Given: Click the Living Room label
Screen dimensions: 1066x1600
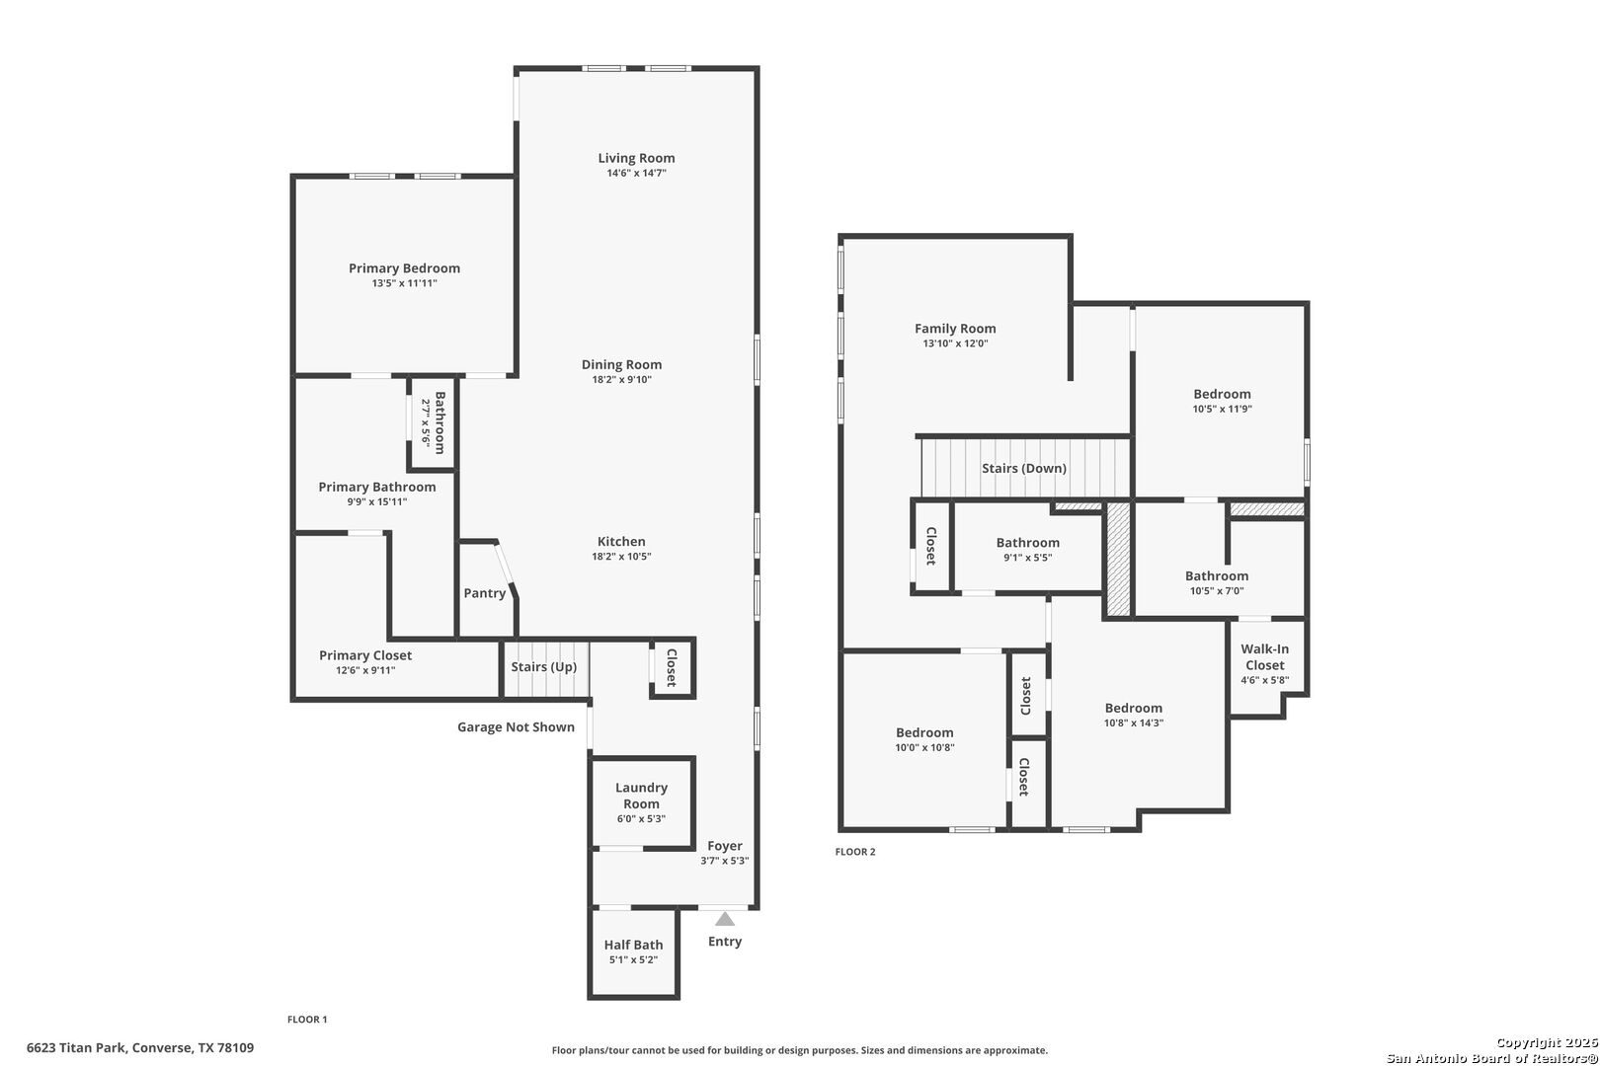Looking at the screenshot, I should [x=636, y=158].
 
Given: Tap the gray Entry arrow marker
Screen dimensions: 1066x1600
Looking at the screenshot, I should [x=725, y=919].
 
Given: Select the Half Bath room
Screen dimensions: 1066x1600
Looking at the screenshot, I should [x=633, y=952].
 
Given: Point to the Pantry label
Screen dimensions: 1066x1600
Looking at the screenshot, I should [x=485, y=593].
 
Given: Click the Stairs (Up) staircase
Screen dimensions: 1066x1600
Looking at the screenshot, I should [x=544, y=668].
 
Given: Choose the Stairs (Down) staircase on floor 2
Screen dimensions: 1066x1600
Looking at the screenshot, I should [x=1024, y=468].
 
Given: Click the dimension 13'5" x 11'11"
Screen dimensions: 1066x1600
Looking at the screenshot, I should [x=404, y=283].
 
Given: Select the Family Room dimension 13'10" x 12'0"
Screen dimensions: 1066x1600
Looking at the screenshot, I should [x=955, y=343].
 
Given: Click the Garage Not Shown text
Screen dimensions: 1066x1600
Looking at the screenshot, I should [x=516, y=727].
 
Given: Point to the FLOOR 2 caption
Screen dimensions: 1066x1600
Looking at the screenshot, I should [x=855, y=852].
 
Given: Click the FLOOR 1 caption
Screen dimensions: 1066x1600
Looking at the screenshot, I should [x=307, y=1020].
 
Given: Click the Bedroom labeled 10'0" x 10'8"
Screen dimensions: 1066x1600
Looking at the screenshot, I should [x=924, y=739].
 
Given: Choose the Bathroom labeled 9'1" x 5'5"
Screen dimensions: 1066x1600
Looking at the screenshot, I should [x=1027, y=550].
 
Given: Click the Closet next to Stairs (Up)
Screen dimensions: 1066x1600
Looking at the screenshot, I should [x=672, y=668].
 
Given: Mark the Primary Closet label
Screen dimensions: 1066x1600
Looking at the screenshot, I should [x=365, y=655].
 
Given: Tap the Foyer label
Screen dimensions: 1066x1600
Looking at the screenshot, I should [x=725, y=846].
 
